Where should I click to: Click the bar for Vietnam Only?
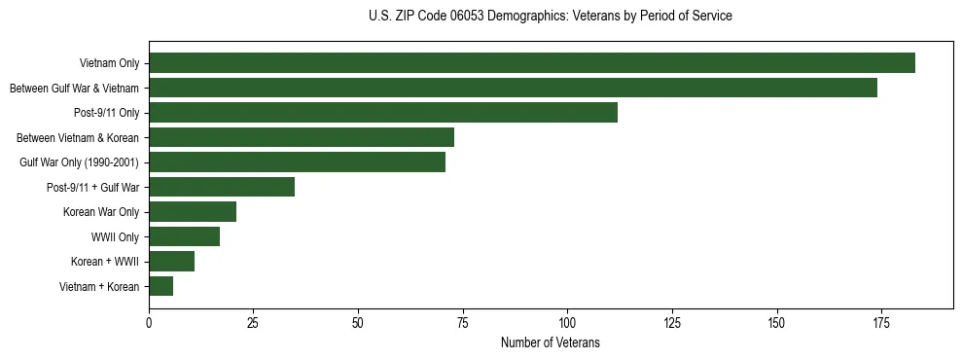click(x=531, y=63)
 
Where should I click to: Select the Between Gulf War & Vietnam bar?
click(x=513, y=88)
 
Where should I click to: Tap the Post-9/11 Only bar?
click(x=383, y=113)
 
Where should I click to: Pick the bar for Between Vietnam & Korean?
click(x=302, y=137)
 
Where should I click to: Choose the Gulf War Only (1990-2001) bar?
click(x=297, y=162)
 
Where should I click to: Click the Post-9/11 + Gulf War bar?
click(x=222, y=187)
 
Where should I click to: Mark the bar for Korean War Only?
click(x=193, y=212)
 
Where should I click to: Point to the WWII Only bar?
click(x=184, y=236)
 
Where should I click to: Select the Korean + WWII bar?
click(x=171, y=261)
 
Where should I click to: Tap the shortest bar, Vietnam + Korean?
click(x=160, y=286)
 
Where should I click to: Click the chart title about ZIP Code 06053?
click(x=551, y=17)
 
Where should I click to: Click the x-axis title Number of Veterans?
click(x=551, y=343)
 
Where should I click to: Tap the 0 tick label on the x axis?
click(x=149, y=321)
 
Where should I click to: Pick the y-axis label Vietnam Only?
click(x=110, y=64)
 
